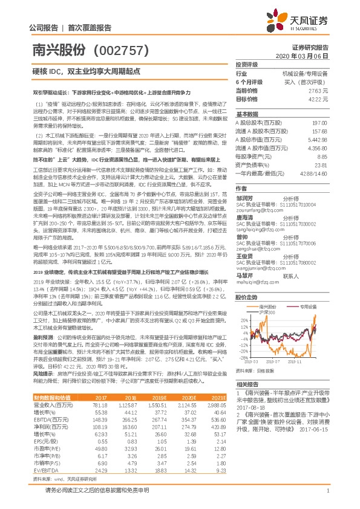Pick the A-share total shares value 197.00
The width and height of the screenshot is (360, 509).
point(319,122)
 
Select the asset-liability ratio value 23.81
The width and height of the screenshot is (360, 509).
point(319,164)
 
